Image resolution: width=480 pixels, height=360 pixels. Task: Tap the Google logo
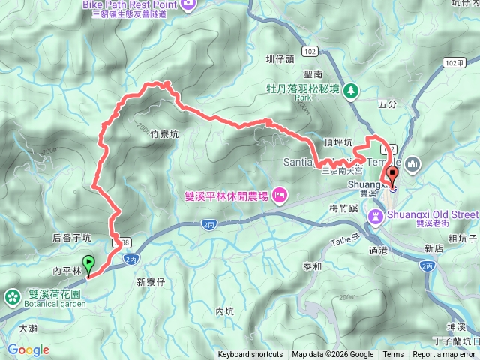click(28, 349)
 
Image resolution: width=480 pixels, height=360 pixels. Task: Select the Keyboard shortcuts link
click(250, 355)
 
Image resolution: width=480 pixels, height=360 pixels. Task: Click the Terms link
click(393, 355)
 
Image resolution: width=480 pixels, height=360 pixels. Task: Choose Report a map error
click(445, 355)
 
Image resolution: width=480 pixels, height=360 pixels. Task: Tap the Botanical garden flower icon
click(11, 297)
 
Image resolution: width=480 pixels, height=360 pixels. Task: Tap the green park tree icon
click(350, 91)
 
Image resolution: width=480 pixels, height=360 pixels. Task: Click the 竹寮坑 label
click(164, 135)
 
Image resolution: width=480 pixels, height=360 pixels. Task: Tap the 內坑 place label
click(225, 310)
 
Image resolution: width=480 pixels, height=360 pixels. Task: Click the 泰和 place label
click(312, 266)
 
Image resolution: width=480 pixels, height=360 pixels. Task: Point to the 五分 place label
click(388, 105)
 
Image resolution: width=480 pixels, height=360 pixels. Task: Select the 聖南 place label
click(313, 74)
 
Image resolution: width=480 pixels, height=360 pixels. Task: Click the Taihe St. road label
click(346, 240)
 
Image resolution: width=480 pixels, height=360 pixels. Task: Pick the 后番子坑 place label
click(72, 238)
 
